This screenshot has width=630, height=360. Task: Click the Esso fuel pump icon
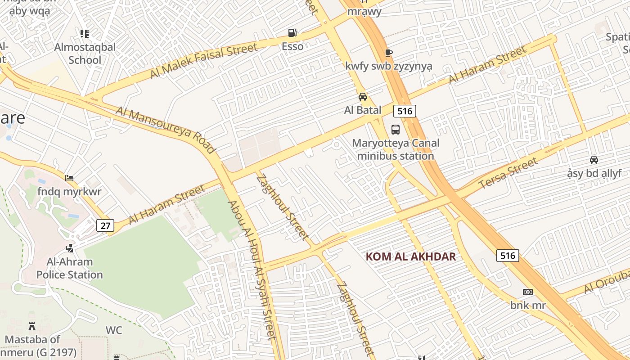(292, 33)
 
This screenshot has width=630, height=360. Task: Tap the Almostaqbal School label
(85, 53)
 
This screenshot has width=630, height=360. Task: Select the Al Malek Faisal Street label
(203, 60)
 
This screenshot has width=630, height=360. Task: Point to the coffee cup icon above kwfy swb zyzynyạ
(389, 53)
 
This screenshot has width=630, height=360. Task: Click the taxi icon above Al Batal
(362, 97)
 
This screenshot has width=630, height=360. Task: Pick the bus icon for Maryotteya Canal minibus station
(395, 130)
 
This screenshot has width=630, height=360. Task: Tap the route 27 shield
(105, 225)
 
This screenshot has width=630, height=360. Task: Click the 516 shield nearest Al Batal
(405, 111)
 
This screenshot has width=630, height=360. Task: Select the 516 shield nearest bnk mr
(508, 256)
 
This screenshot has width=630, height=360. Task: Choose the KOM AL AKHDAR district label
(410, 257)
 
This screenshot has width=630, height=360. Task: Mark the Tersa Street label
(508, 174)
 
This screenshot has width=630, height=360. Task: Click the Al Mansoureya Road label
(166, 130)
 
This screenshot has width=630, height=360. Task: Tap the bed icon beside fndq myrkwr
(69, 178)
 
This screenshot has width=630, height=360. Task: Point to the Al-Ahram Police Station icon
(69, 248)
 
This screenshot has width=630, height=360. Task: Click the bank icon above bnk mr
(528, 292)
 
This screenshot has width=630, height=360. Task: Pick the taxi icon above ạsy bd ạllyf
(594, 159)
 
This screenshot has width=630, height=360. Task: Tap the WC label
(114, 330)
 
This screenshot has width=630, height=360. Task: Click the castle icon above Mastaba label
(32, 326)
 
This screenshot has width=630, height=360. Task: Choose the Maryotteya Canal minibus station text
(396, 149)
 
